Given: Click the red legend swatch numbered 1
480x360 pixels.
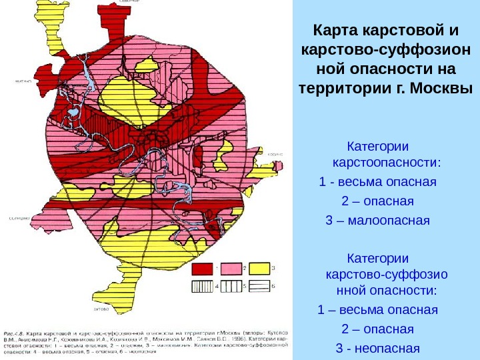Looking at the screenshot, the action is [201, 268].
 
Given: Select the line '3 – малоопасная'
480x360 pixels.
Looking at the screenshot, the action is [377, 221].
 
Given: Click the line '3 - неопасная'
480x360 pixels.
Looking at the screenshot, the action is [377, 348].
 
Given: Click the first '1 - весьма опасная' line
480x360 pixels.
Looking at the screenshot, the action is [377, 183].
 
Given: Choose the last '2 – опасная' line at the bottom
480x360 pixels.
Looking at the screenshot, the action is [377, 329].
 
